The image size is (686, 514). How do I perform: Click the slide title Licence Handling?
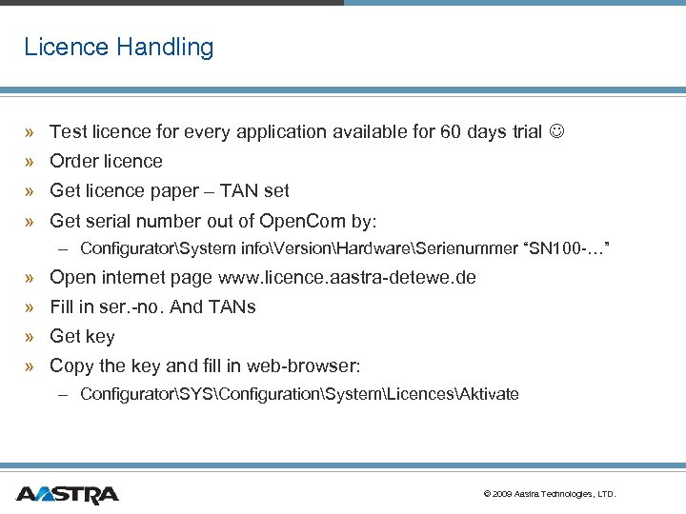click(119, 47)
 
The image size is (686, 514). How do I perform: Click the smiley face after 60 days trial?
click(557, 132)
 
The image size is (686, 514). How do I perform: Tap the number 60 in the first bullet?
click(451, 132)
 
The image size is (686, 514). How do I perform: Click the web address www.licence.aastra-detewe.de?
click(347, 278)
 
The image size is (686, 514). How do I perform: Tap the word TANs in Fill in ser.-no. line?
click(233, 307)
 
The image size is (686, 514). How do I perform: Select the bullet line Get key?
click(82, 336)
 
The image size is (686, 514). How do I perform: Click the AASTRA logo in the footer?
click(67, 494)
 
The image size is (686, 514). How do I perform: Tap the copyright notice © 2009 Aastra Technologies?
click(550, 494)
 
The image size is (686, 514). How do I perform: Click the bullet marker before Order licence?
click(31, 162)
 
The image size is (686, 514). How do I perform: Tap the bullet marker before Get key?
click(31, 337)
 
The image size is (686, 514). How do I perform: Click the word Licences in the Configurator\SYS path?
click(417, 394)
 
